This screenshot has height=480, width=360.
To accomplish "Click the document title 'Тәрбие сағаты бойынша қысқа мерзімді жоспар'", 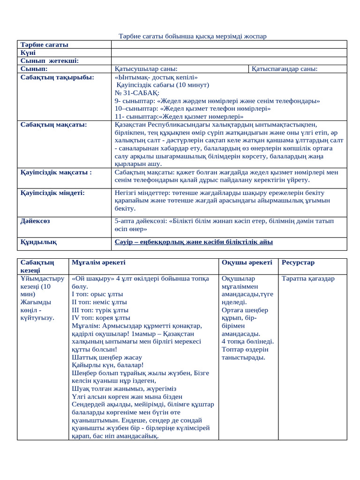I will pyautogui.click(x=192, y=37).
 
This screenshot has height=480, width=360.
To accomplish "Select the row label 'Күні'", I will pyautogui.click(x=29, y=53).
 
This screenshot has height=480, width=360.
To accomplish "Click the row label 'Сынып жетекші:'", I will pyautogui.click(x=49, y=61).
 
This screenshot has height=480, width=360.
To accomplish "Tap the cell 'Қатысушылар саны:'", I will pyautogui.click(x=146, y=69).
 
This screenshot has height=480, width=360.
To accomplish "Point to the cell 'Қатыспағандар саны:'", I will pyautogui.click(x=284, y=69).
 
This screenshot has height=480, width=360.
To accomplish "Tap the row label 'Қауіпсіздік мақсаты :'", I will pyautogui.click(x=56, y=172).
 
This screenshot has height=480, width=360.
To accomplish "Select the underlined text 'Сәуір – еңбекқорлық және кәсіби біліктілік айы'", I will pyautogui.click(x=194, y=242).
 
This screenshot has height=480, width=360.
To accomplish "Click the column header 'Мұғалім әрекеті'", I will pyautogui.click(x=98, y=262).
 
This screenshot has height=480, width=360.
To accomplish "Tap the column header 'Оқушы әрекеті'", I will pyautogui.click(x=246, y=262).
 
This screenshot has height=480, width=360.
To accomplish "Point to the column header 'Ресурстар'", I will pyautogui.click(x=298, y=262).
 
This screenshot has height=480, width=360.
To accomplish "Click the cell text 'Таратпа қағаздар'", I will pyautogui.click(x=308, y=278).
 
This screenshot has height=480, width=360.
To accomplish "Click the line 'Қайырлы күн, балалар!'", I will pyautogui.click(x=107, y=365).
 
